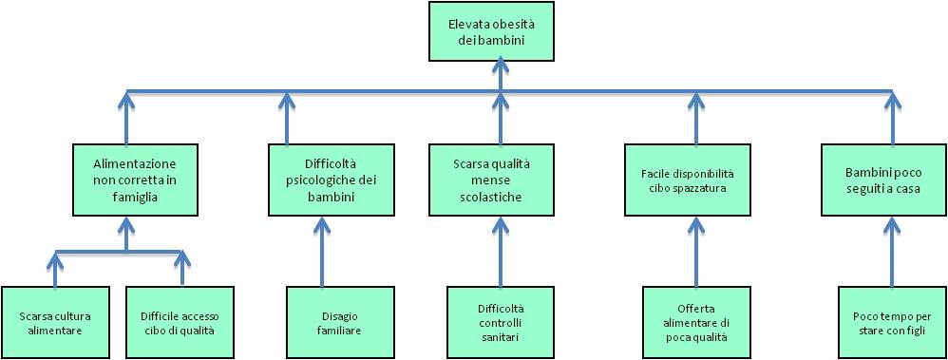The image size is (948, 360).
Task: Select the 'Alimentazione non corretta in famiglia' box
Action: pos(126,177)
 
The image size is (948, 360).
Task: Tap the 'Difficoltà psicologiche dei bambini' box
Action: pos(319,177)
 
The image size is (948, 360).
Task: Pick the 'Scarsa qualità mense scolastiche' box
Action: pos(490,177)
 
